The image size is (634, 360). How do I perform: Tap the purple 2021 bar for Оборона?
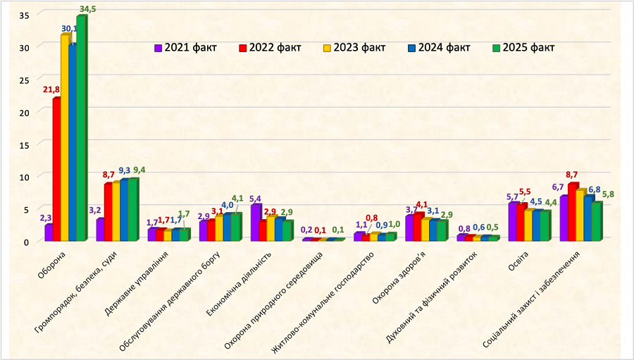pos(48,232)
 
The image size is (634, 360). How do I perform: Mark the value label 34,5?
pos(87,8)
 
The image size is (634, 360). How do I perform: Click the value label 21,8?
pos(51,89)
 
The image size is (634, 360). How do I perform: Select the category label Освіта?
pos(522,259)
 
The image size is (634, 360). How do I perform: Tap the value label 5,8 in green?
pos(608,194)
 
